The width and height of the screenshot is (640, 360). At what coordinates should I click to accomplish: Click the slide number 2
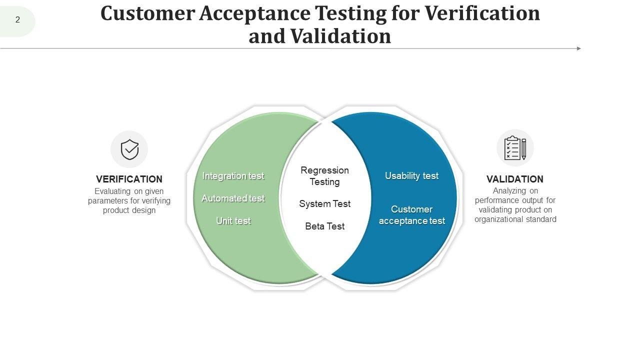18,20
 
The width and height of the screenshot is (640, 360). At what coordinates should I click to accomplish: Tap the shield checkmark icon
129,149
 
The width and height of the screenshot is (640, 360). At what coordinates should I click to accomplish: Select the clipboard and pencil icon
515,148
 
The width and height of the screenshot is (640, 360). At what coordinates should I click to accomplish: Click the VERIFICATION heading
129,179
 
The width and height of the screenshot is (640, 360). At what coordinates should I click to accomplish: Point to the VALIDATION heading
514,179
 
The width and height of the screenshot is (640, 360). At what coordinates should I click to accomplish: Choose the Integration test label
233,176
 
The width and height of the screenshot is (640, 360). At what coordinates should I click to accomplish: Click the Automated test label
233,198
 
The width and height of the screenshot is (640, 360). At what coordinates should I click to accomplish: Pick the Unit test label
233,221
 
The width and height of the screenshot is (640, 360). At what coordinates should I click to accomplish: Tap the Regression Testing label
324,176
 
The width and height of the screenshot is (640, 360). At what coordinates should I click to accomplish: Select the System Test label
324,204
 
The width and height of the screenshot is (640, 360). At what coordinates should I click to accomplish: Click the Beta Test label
324,226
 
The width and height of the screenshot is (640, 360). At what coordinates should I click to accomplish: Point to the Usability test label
411,176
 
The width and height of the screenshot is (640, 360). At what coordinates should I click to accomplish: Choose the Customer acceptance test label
411,215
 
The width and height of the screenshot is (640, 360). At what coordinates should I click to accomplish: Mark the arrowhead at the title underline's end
579,48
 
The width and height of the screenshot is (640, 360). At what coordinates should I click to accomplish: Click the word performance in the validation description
497,200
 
